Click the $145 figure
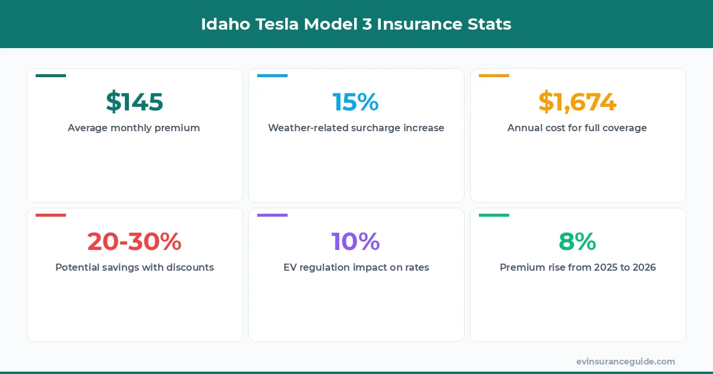click(x=134, y=102)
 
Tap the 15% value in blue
click(x=355, y=102)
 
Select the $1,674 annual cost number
click(x=577, y=102)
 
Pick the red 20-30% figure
click(x=134, y=242)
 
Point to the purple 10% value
click(x=355, y=242)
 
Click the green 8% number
click(x=577, y=242)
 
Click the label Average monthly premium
click(x=134, y=128)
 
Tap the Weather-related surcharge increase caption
click(x=356, y=128)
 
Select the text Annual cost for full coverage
click(x=577, y=128)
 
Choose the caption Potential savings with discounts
click(x=134, y=267)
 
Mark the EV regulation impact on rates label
click(x=356, y=267)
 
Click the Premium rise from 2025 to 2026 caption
click(x=578, y=267)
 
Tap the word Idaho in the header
click(x=221, y=24)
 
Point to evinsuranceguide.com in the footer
click(x=625, y=361)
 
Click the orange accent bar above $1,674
click(x=494, y=75)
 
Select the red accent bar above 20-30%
click(x=51, y=215)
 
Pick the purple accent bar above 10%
click(x=272, y=215)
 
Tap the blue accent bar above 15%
click(x=272, y=75)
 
